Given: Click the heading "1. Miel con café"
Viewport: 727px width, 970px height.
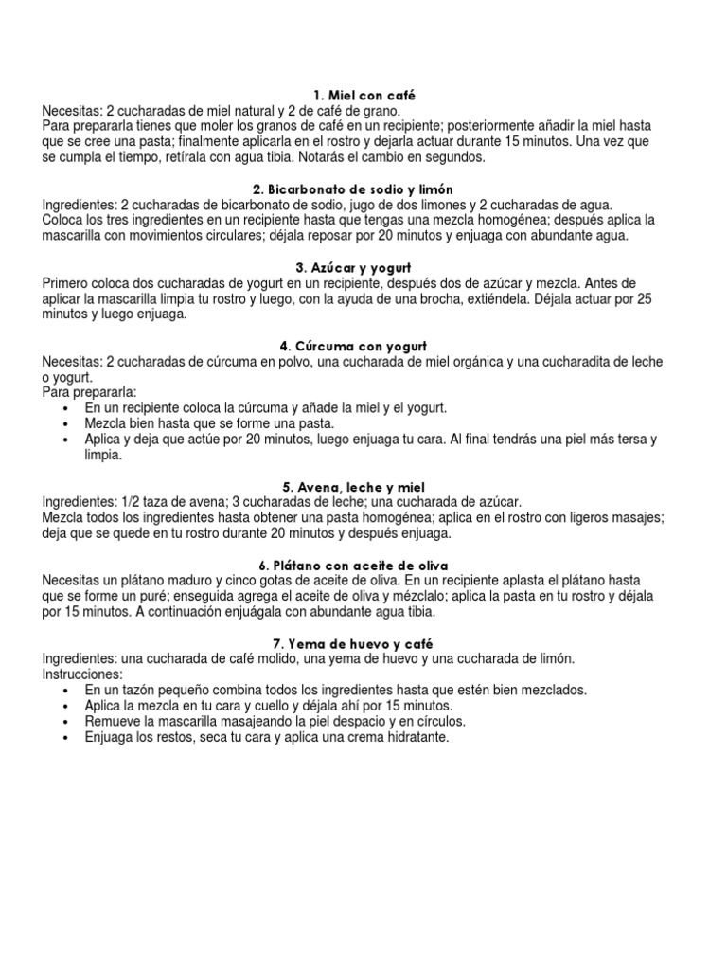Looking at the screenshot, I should pos(363,97).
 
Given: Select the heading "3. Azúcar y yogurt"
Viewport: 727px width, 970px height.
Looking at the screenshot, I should pos(363,269).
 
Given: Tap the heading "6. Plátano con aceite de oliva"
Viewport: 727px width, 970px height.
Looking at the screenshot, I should pos(363,566).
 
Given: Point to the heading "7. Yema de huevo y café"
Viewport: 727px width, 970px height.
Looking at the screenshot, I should pos(363,644).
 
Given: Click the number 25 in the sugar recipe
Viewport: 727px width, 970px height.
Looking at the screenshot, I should pos(646,299).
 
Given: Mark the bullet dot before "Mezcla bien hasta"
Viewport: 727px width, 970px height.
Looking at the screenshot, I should pos(64,423).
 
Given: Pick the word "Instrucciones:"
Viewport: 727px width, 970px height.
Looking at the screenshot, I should pos(82,674).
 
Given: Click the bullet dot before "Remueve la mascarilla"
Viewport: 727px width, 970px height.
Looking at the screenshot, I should pos(64,721).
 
